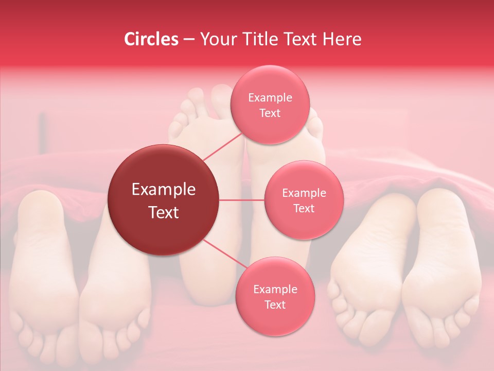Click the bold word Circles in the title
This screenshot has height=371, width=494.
tap(151, 39)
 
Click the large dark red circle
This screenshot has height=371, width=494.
tap(163, 200)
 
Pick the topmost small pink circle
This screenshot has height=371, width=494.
tap(270, 105)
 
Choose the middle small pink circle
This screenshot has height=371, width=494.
tap(304, 200)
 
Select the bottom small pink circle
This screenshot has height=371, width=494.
tap(275, 296)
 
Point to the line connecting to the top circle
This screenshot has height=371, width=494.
tap(222, 147)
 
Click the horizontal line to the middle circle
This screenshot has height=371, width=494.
tap(242, 200)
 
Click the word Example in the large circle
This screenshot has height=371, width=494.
tap(163, 190)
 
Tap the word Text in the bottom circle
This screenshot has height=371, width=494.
tap(275, 305)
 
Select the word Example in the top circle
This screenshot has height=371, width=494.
tap(270, 98)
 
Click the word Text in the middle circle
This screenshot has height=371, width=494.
tap(304, 208)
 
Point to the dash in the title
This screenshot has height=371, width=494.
tap(189, 40)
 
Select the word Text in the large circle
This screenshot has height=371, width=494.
tap(163, 212)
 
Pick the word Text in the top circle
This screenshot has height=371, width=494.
tap(270, 113)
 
